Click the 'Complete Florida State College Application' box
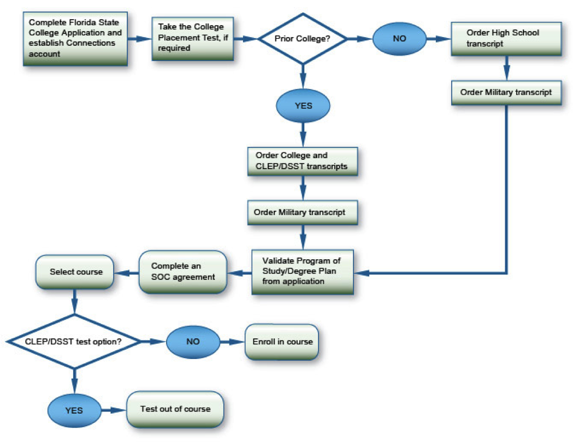pyautogui.click(x=75, y=39)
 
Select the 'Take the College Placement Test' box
pyautogui.click(x=193, y=38)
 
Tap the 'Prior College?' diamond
pyautogui.click(x=303, y=39)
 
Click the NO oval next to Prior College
pyautogui.click(x=399, y=39)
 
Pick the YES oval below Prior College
pyautogui.click(x=303, y=106)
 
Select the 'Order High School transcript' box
pyautogui.click(x=506, y=39)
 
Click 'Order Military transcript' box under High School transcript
pyautogui.click(x=506, y=93)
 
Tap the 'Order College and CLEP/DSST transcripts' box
pyautogui.click(x=303, y=161)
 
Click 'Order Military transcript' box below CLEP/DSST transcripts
pyautogui.click(x=303, y=212)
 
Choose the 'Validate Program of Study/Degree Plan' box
pyautogui.click(x=303, y=272)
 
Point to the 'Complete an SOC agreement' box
pyautogui.click(x=183, y=272)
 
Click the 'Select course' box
pyautogui.click(x=75, y=272)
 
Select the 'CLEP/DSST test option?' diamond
pyautogui.click(x=74, y=342)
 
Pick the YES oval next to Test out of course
pyautogui.click(x=74, y=410)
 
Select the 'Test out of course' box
pyautogui.click(x=175, y=409)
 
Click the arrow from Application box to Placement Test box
pyautogui.click(x=140, y=39)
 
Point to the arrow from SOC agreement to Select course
pyautogui.click(x=126, y=273)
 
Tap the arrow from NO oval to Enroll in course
pyautogui.click(x=232, y=342)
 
